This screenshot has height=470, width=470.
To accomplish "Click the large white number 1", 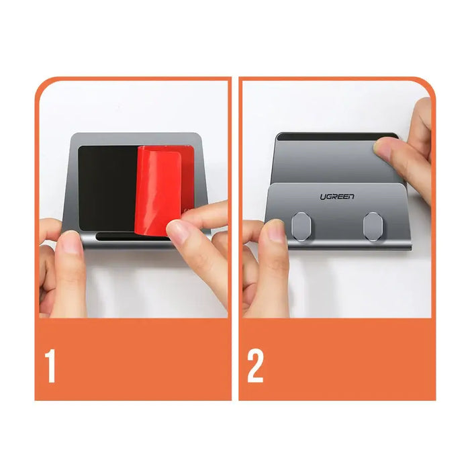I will pos(50,366).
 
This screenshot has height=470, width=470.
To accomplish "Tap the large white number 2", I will pos(256,366).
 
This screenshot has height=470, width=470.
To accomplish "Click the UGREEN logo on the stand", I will pos(337,197).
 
